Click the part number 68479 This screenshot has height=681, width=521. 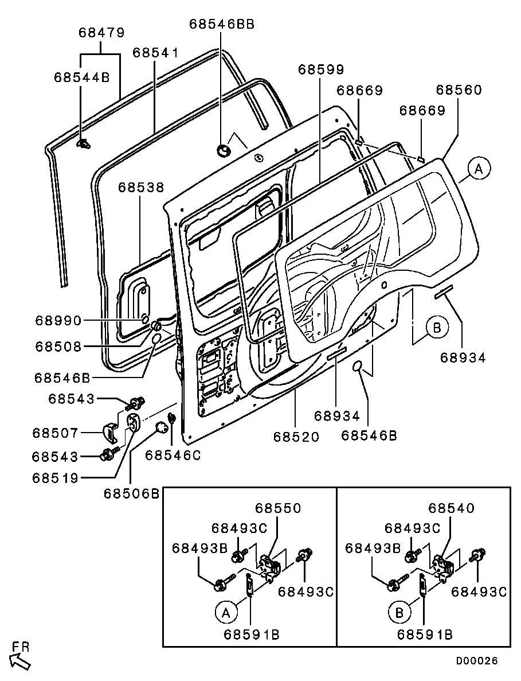coord(101,33)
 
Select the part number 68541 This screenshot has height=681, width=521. coord(155,53)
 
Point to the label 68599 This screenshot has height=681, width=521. coord(320,69)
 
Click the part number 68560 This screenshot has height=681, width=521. coord(459,90)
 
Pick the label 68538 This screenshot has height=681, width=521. coord(142,188)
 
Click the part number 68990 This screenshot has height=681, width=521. coord(58,320)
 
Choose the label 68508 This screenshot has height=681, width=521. coord(58,346)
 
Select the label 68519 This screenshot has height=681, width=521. coord(55,478)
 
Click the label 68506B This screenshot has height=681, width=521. coord(131,493)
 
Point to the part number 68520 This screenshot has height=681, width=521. coord(295,437)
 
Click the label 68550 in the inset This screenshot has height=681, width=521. coord(278,508)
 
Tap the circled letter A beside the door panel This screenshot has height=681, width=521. coord(480,169)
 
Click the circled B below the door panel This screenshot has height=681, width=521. coord(437,328)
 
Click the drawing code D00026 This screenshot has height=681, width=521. coord(476,661)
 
